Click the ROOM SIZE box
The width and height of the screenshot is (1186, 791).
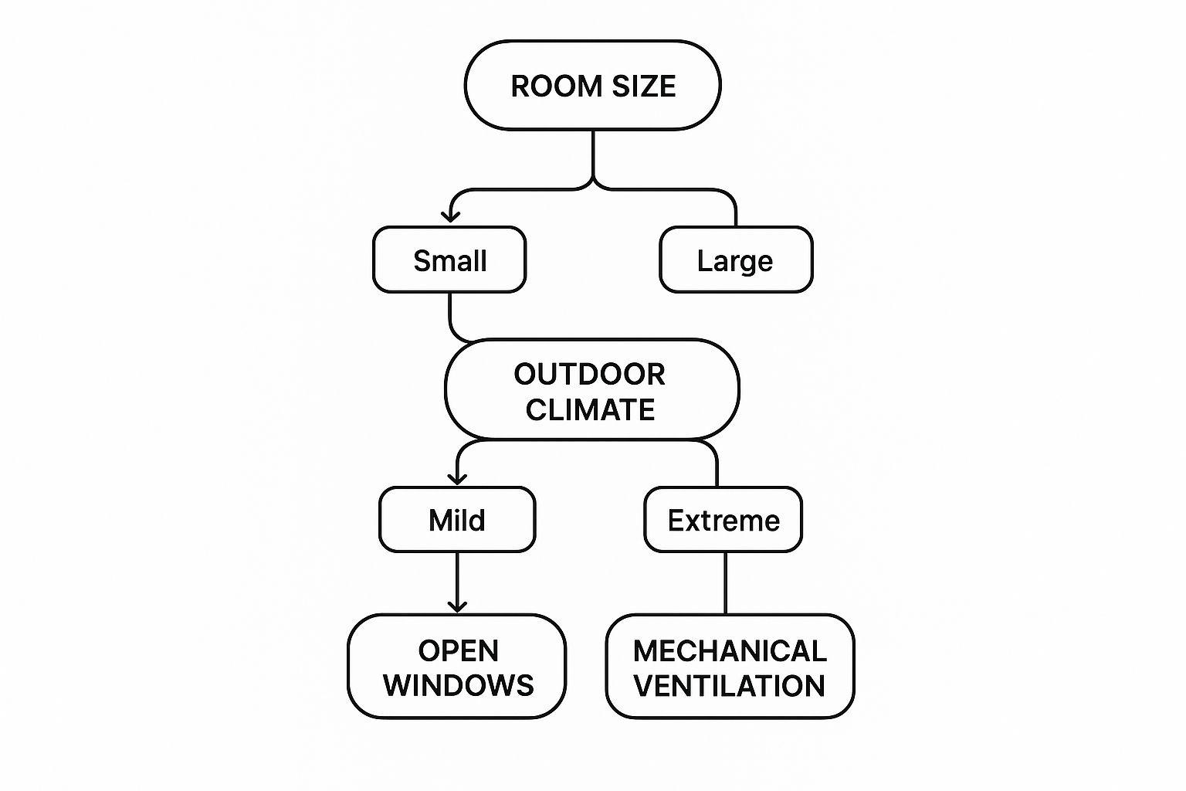(x=592, y=85)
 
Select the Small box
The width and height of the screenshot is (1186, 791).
(x=449, y=260)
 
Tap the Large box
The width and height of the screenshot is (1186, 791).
(x=735, y=260)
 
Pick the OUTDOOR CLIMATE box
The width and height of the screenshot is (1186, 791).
(x=591, y=390)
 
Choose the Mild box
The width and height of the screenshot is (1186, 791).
(x=457, y=520)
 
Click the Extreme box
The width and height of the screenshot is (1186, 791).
(x=723, y=520)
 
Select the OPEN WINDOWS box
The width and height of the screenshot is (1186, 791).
(x=457, y=667)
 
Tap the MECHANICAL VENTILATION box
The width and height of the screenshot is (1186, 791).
(x=730, y=667)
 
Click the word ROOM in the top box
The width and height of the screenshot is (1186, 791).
(x=547, y=86)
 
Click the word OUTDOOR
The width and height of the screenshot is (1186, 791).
(x=590, y=375)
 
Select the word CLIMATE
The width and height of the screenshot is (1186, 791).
(x=591, y=409)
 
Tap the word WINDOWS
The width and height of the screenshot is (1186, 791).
(x=459, y=685)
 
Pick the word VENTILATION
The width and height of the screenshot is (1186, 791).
(x=730, y=685)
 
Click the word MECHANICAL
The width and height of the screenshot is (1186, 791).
(x=730, y=651)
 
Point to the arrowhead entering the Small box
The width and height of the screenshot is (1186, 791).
(x=450, y=216)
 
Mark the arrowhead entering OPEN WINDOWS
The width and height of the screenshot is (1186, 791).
(x=457, y=606)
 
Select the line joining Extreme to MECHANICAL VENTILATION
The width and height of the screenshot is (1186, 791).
(x=725, y=583)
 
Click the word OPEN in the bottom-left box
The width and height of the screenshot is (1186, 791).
(x=459, y=651)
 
